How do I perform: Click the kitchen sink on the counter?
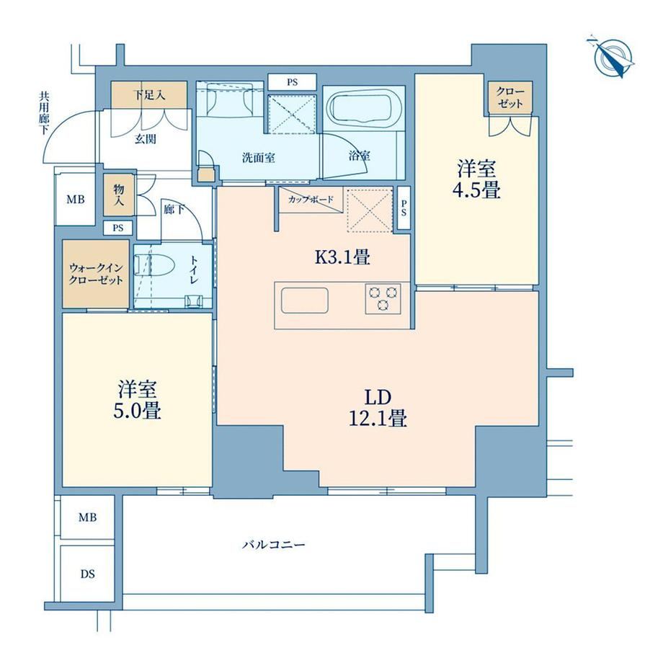pos(304,301)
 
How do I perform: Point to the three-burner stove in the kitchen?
pos(383,298)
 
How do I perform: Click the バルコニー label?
pos(274,544)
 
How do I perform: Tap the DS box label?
pos(87,574)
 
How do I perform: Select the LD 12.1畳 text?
pos(378,408)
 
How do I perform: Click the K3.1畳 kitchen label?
pos(342,257)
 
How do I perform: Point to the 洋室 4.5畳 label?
pos(477,179)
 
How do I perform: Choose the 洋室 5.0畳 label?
pos(137,399)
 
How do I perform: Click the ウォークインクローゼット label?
pos(96,274)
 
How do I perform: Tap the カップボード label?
pos(311,200)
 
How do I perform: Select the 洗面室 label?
pos(258,158)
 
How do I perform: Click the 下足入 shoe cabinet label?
pos(149,94)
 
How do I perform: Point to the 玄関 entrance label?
pos(145,138)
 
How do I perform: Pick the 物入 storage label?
pos(118,195)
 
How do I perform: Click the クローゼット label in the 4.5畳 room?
pos(510,97)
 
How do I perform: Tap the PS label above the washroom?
pos(292,82)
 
